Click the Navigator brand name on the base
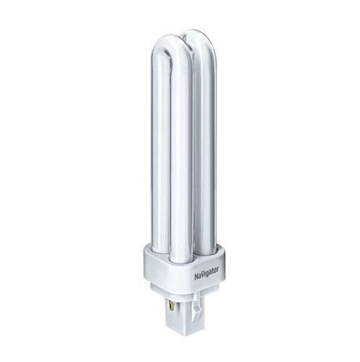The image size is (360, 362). [x=206, y=273]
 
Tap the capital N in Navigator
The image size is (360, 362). [x=196, y=277]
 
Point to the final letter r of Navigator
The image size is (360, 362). [x=218, y=269]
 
